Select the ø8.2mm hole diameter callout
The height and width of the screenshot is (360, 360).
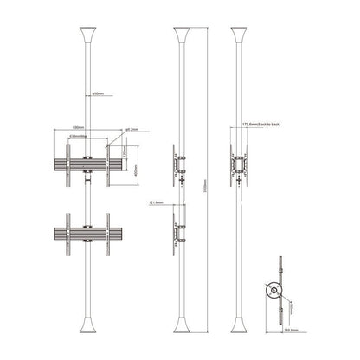click(129, 129)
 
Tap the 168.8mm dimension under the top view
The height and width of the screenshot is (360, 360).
click(295, 330)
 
